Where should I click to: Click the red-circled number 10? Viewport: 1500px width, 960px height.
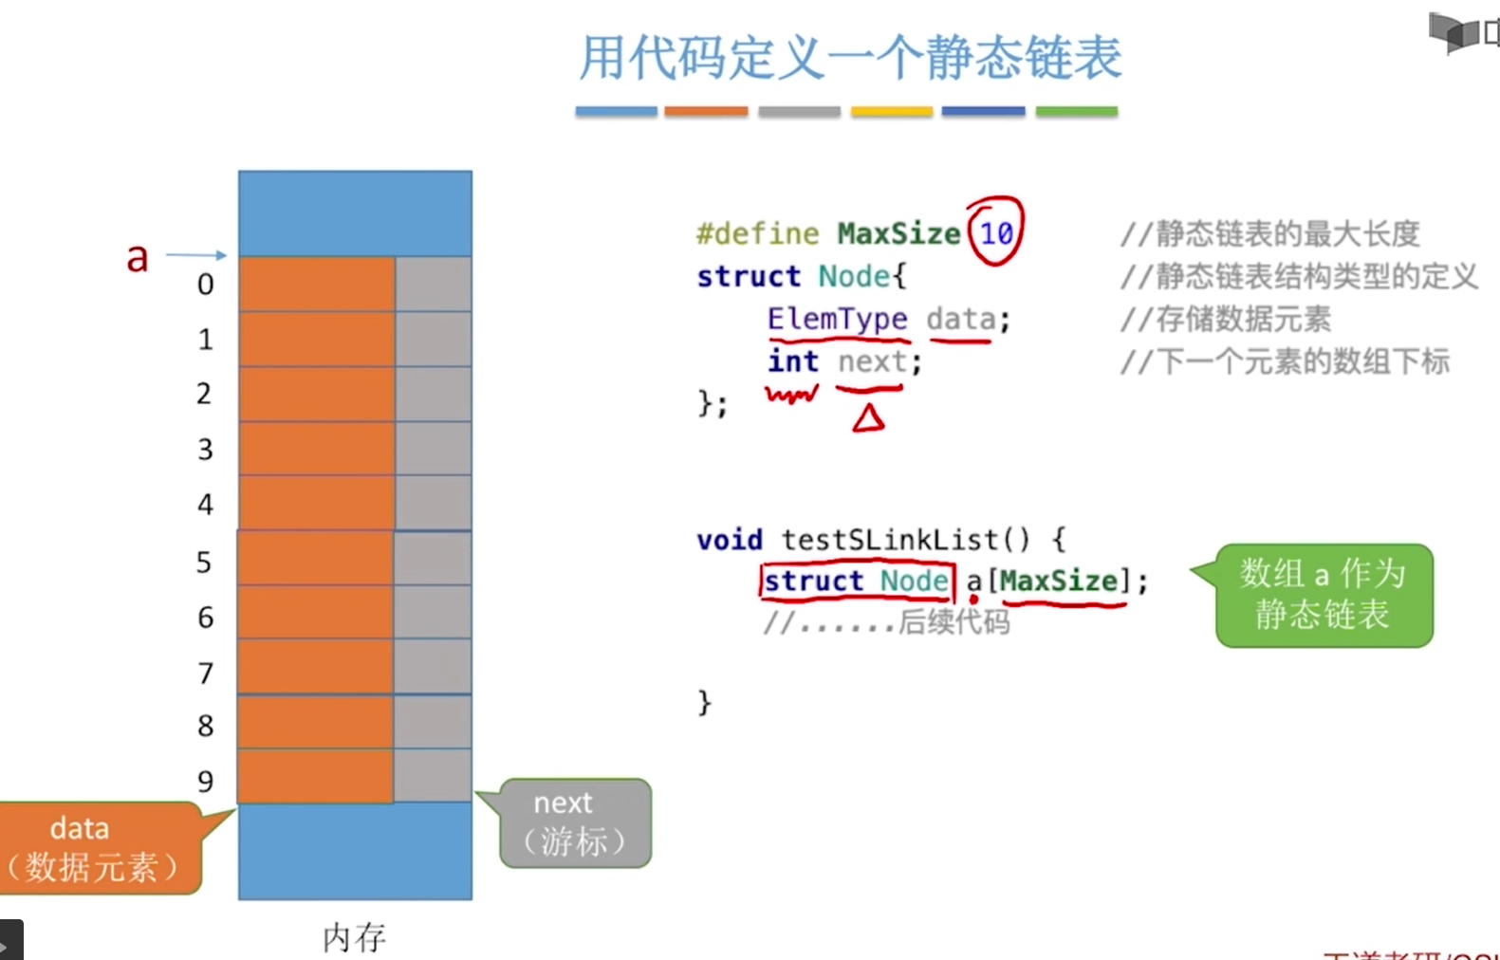996,232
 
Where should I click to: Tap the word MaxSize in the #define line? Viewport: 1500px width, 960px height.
898,233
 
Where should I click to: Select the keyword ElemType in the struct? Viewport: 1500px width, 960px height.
837,319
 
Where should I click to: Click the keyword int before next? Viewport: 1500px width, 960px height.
792,361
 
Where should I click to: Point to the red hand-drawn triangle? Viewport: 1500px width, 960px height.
868,418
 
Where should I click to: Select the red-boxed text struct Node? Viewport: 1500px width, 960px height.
856,581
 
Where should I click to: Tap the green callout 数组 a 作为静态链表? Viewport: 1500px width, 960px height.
1323,595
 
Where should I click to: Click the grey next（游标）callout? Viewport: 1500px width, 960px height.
574,822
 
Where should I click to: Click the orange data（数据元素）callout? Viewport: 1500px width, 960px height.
95,847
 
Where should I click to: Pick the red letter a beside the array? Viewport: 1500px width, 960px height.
138,257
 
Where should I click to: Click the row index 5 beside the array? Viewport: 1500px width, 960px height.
204,563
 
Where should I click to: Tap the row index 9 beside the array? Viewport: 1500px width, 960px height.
205,781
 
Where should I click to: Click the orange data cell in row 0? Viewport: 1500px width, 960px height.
316,284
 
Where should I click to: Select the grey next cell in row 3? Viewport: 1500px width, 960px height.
433,448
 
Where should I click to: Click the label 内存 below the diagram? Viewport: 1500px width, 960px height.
354,937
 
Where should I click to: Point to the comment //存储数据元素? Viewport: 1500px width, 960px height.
1225,319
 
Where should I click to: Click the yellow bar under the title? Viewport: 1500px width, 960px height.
891,112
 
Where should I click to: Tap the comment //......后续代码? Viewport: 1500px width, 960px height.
886,622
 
